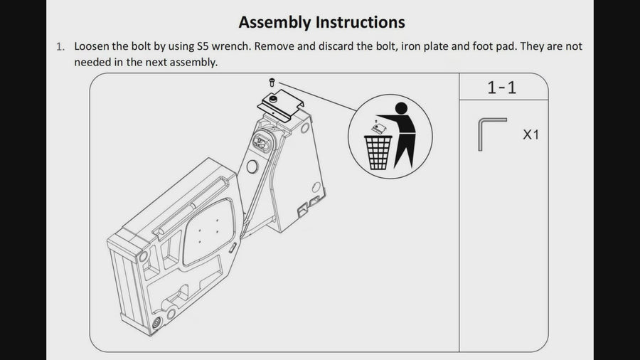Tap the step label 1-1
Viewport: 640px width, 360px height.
tap(502, 88)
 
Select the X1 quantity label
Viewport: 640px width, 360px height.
tap(530, 134)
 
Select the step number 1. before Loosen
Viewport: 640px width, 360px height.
tap(60, 47)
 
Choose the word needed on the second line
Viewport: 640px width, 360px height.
tap(92, 62)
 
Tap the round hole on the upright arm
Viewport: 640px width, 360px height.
tap(251, 167)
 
